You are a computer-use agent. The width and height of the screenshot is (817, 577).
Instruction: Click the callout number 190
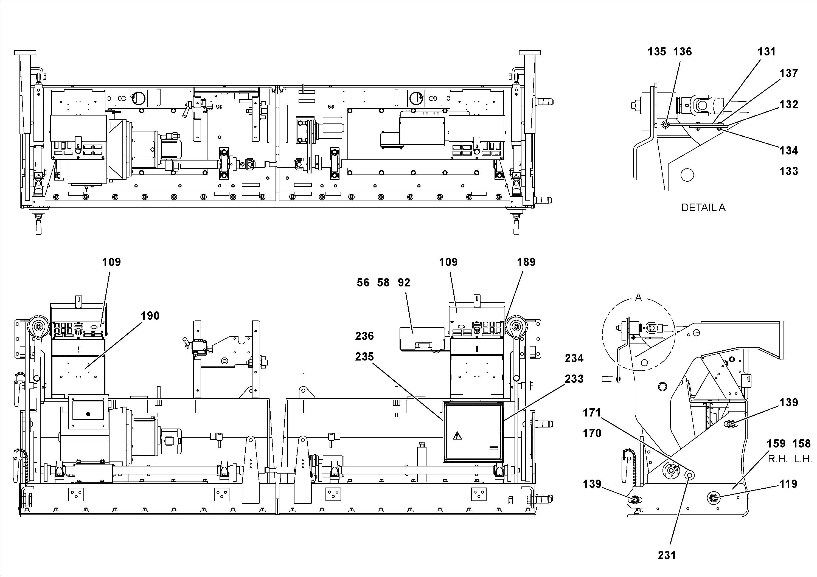click(x=150, y=316)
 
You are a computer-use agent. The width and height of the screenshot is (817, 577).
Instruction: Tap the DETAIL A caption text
click(x=703, y=208)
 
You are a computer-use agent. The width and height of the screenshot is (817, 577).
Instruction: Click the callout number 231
click(x=667, y=555)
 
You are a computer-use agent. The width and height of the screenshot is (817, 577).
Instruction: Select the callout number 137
click(x=788, y=73)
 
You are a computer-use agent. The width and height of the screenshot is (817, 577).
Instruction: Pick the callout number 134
click(x=788, y=150)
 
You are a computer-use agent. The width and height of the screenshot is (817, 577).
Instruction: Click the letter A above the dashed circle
click(x=638, y=297)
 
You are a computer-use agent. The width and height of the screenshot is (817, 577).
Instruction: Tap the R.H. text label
click(x=777, y=459)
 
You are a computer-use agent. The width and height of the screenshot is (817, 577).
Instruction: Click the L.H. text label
click(x=803, y=459)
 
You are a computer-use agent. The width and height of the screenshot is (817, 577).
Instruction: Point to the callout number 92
click(x=404, y=283)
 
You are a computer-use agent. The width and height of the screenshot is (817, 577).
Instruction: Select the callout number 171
click(x=592, y=413)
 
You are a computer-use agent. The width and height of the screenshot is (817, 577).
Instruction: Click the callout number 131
click(x=766, y=52)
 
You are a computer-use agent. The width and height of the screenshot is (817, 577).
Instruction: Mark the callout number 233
click(x=574, y=379)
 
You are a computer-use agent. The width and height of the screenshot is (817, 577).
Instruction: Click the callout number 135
click(x=656, y=52)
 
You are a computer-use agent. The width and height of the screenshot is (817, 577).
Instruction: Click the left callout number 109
click(x=111, y=262)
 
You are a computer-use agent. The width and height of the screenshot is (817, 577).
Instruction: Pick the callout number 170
click(x=592, y=433)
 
